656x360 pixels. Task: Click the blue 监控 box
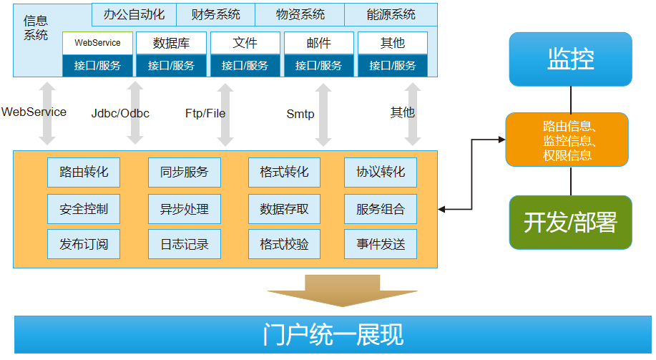(x=570, y=59)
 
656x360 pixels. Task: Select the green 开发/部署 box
(x=570, y=223)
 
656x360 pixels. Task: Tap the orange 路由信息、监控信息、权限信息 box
(x=567, y=140)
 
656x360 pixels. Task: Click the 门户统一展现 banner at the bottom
(x=333, y=334)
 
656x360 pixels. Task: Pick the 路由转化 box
(x=84, y=172)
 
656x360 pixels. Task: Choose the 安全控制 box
(x=84, y=209)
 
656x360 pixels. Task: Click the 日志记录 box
(x=185, y=244)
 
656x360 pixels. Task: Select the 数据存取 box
(x=284, y=209)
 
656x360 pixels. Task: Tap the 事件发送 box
(x=381, y=244)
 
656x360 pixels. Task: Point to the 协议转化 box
(x=381, y=172)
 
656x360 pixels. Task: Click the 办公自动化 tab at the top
(x=134, y=14)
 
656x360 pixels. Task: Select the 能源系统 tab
(x=391, y=14)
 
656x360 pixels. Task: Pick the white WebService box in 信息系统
(x=97, y=43)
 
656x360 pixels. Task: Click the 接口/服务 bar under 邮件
(x=319, y=66)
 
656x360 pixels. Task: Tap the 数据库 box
(x=171, y=43)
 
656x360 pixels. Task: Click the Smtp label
(x=300, y=114)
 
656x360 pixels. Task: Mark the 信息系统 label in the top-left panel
(x=36, y=28)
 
